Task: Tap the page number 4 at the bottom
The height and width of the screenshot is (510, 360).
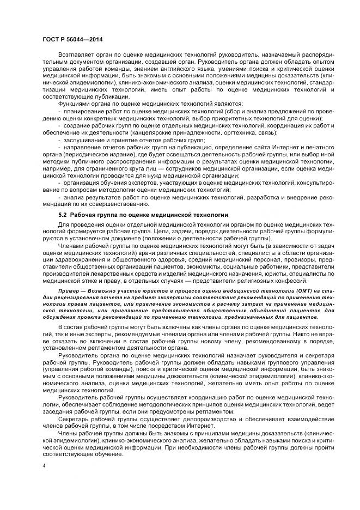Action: (x=44, y=465)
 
